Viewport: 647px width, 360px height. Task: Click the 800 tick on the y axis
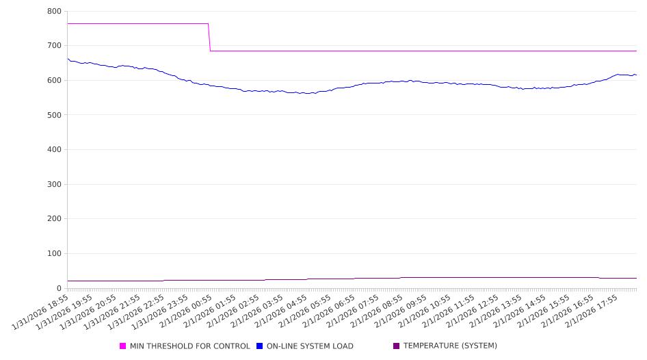(54, 12)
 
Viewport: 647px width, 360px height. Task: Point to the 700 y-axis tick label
(54, 46)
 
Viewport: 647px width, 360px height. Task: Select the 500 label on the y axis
(54, 115)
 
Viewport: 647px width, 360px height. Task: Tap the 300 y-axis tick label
(54, 185)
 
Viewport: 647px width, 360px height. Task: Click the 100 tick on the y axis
(54, 254)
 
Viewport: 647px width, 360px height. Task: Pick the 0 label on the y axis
(59, 288)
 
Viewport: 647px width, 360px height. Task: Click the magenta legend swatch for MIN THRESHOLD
(123, 346)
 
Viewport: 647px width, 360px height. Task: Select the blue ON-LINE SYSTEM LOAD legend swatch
(260, 346)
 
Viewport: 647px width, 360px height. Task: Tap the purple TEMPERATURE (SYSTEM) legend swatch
(396, 346)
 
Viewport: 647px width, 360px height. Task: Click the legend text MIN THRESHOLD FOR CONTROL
(189, 346)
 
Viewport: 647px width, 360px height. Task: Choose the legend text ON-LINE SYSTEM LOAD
(310, 346)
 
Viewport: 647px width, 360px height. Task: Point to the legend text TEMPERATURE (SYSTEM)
(450, 346)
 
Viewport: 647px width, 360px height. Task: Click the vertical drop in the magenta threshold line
(209, 37)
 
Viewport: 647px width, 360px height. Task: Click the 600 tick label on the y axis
(54, 80)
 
